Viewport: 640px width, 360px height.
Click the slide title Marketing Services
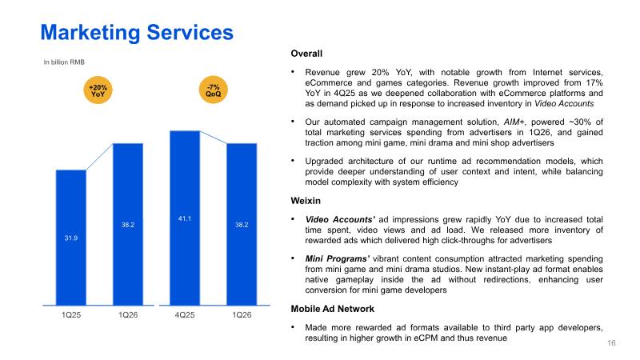point(137,32)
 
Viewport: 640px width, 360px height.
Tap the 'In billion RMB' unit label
point(64,62)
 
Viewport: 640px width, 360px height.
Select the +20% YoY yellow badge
point(98,90)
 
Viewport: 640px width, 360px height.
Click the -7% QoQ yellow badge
point(213,90)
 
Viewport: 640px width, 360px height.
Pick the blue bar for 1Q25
point(71,238)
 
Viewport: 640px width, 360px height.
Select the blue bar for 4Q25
point(185,218)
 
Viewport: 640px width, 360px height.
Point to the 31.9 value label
point(71,238)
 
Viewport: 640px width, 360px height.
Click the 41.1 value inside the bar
point(185,218)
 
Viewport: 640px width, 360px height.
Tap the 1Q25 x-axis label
point(71,314)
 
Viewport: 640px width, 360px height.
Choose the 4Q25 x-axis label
point(185,314)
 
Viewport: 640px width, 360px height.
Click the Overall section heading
point(306,54)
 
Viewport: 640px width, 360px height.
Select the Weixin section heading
point(306,201)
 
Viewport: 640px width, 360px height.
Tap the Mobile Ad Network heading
point(333,309)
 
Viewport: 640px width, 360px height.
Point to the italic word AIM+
point(514,122)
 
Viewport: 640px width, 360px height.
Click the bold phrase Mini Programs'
point(338,259)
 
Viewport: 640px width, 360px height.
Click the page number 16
point(611,343)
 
